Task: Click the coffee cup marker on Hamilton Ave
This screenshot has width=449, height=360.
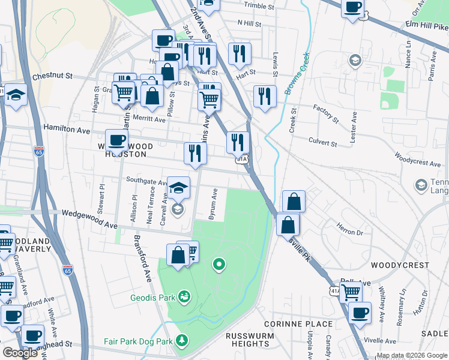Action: click(116, 141)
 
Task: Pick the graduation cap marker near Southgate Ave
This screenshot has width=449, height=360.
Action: click(178, 188)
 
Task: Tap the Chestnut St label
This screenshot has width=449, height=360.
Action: click(52, 77)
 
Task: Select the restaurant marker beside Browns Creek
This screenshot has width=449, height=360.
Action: click(264, 97)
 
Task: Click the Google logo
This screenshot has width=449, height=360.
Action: click(20, 353)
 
